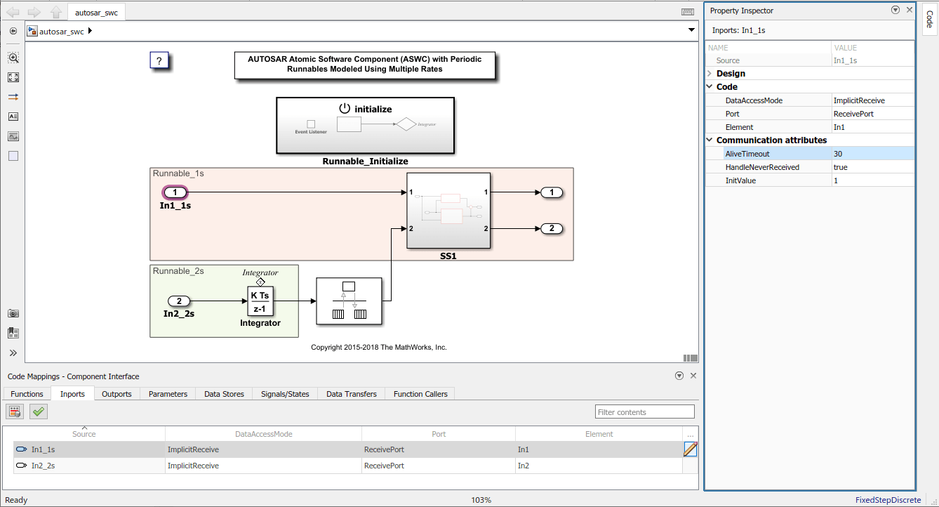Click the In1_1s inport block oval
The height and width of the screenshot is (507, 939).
point(175,192)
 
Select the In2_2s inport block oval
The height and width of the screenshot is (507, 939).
point(179,301)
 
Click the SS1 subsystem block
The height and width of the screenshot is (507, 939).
point(448,210)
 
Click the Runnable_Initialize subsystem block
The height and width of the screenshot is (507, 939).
point(365,125)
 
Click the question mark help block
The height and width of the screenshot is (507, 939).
point(160,61)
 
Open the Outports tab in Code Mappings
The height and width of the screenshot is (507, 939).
point(116,394)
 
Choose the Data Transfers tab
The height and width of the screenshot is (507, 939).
point(351,394)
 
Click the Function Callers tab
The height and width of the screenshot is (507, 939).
point(420,394)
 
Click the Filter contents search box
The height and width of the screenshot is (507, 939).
point(644,412)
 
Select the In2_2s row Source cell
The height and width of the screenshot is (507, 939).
point(44,466)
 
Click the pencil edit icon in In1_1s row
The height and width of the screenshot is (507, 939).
point(691,449)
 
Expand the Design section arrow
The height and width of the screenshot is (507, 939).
point(710,74)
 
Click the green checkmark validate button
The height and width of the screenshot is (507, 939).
point(39,411)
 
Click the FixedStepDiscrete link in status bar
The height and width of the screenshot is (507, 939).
point(888,500)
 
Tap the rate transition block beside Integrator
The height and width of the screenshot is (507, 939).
point(349,301)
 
